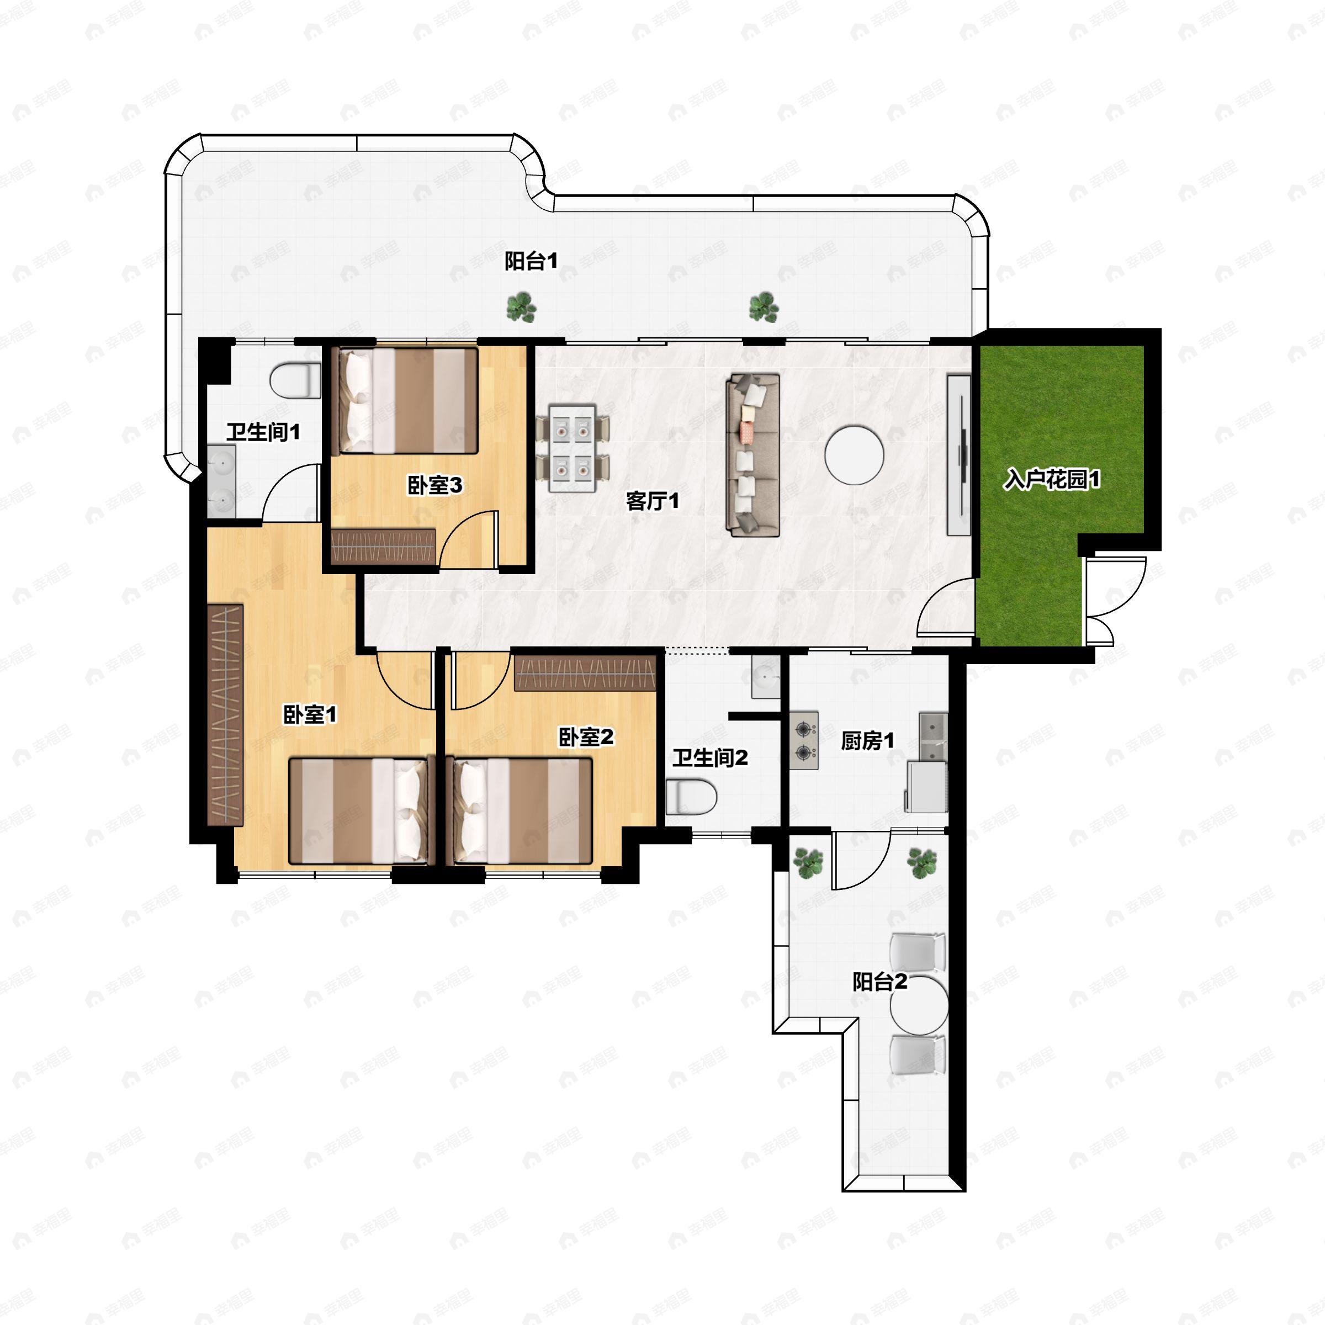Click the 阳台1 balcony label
click(x=531, y=261)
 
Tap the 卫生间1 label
click(x=263, y=432)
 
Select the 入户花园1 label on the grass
click(x=1052, y=479)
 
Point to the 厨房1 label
click(x=867, y=741)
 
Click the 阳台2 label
click(x=880, y=982)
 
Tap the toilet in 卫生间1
click(x=295, y=380)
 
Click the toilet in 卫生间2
click(x=691, y=797)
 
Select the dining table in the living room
click(x=572, y=448)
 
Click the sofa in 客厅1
click(x=754, y=455)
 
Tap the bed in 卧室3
click(x=405, y=401)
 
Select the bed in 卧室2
click(x=518, y=810)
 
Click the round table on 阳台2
click(x=919, y=1005)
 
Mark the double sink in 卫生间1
click(x=221, y=481)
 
